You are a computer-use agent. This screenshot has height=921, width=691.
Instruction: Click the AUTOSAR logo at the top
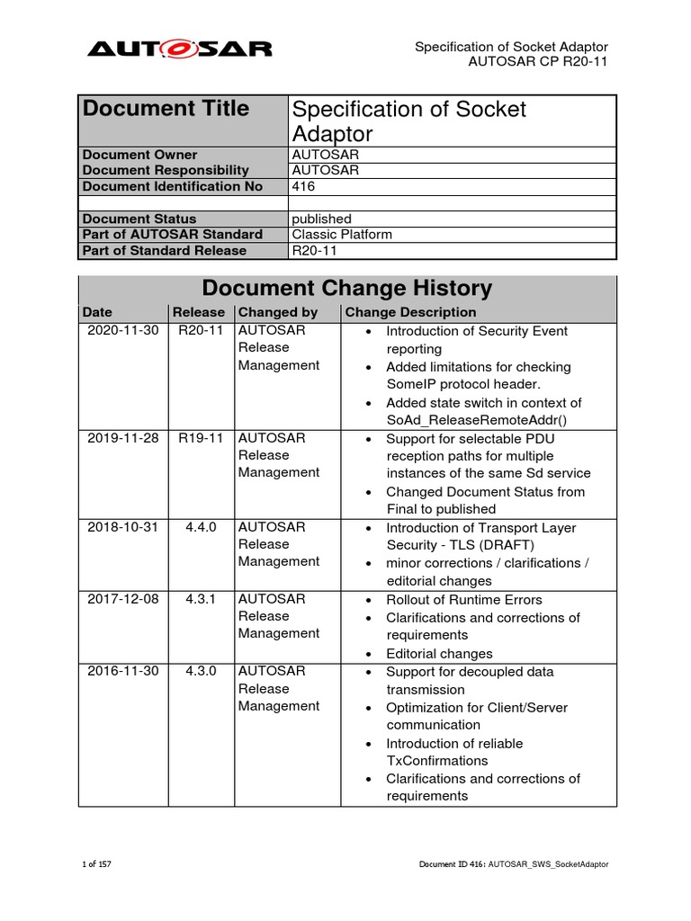pyautogui.click(x=179, y=49)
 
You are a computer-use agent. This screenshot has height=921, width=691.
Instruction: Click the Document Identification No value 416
pyautogui.click(x=303, y=186)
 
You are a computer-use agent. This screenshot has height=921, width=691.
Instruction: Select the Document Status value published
pyautogui.click(x=321, y=219)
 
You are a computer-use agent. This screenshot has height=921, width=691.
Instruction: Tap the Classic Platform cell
pyautogui.click(x=342, y=235)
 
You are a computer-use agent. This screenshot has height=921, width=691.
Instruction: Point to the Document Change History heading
pyautogui.click(x=346, y=289)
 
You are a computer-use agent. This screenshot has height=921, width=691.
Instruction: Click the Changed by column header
pyautogui.click(x=278, y=312)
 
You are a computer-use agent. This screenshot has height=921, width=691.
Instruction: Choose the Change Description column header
pyautogui.click(x=410, y=312)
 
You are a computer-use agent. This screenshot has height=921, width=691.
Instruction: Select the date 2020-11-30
pyautogui.click(x=122, y=331)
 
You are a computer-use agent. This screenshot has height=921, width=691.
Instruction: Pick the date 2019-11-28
pyautogui.click(x=122, y=438)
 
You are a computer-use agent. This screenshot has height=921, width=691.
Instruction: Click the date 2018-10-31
pyautogui.click(x=122, y=528)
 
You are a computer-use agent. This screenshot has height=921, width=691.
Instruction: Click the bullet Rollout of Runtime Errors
pyautogui.click(x=464, y=600)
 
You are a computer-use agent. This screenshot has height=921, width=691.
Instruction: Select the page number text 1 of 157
pyautogui.click(x=96, y=864)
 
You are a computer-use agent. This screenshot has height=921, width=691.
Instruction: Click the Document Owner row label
pyautogui.click(x=139, y=155)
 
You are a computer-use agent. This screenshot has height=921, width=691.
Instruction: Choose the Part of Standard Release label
pyautogui.click(x=151, y=250)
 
